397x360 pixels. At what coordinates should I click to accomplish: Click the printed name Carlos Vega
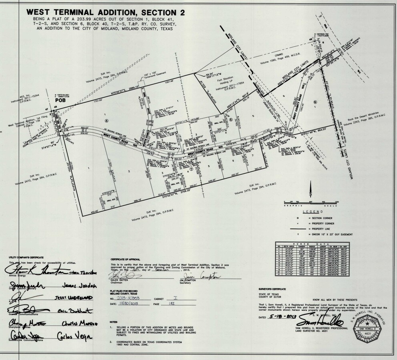click(71, 335)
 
